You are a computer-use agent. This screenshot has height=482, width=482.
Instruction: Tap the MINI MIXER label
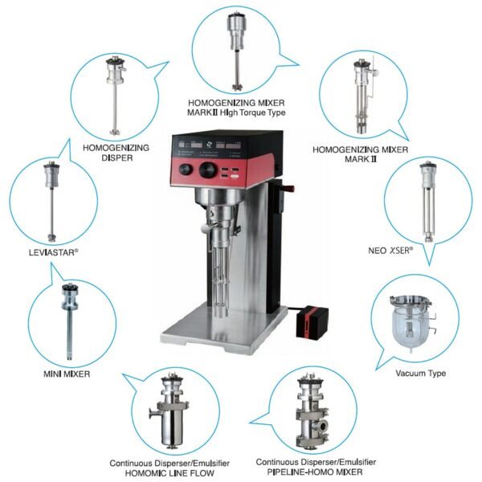coord(67,374)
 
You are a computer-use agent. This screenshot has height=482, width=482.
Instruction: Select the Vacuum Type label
coord(420,374)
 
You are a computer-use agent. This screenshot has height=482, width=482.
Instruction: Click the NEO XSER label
coord(390,251)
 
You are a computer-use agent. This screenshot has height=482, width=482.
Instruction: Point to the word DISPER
coord(116,158)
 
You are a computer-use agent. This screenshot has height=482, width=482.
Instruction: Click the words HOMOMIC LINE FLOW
coord(170,473)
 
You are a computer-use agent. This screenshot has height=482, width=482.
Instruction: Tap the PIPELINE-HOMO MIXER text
coord(314,472)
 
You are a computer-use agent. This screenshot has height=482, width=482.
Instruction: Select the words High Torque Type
coord(253,112)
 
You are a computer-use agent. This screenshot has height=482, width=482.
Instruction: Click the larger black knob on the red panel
coord(208,170)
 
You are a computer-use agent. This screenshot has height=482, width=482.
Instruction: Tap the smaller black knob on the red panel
coord(186,170)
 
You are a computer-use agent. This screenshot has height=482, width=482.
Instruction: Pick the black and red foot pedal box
coord(312,322)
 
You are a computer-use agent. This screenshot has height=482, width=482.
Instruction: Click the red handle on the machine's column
coord(289,188)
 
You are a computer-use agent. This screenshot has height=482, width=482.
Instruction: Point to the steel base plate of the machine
coord(223,332)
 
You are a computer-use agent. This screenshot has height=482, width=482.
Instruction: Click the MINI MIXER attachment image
coord(70,321)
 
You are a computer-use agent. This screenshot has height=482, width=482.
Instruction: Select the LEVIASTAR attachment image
coord(51,201)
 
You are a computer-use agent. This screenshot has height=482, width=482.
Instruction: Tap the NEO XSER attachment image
coord(427,202)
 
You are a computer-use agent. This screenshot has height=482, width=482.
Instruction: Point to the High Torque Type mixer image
coord(237,51)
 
